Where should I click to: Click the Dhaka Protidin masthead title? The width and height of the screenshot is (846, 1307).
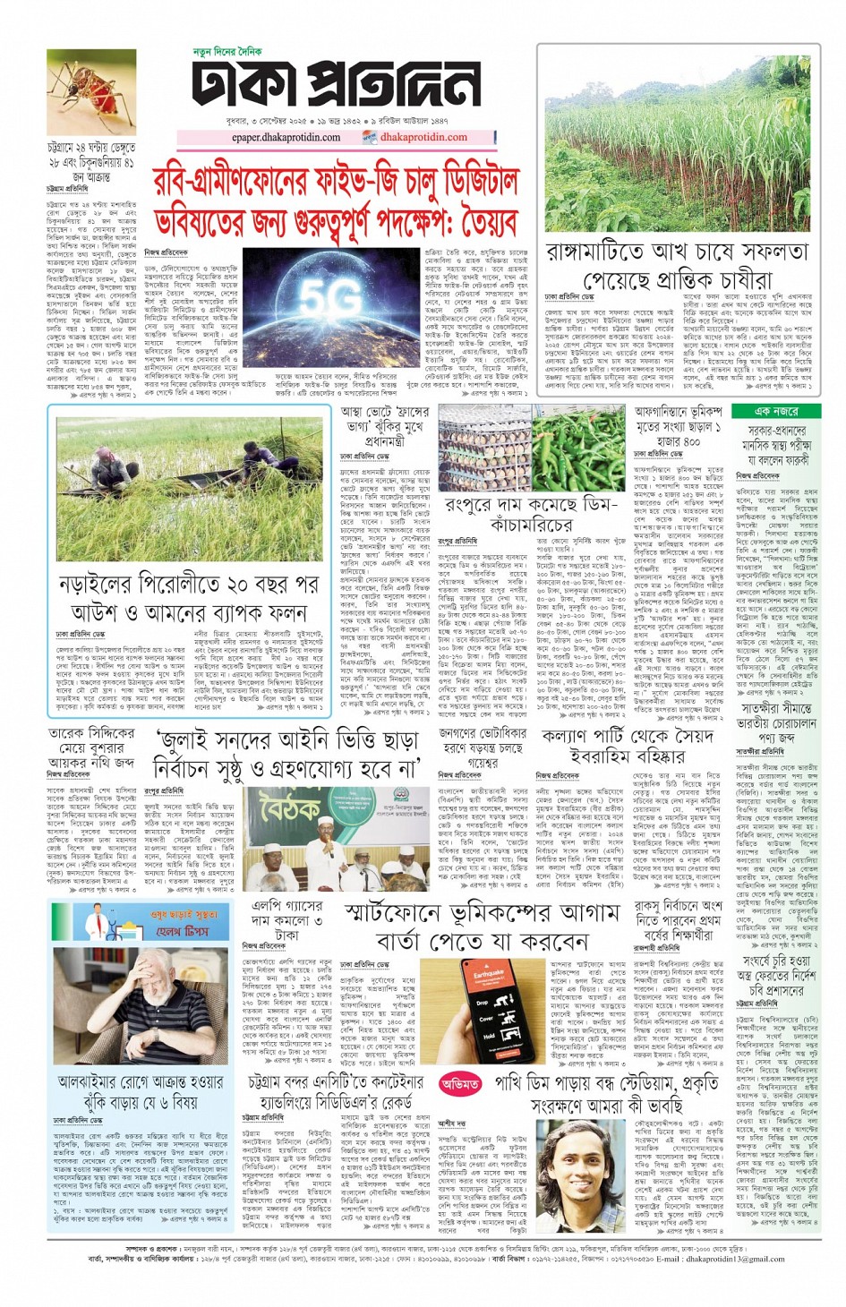(337, 86)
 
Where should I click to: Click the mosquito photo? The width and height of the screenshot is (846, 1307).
(91, 92)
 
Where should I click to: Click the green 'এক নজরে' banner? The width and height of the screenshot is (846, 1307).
(775, 411)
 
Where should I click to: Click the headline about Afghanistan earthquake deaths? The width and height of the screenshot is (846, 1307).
(678, 427)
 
